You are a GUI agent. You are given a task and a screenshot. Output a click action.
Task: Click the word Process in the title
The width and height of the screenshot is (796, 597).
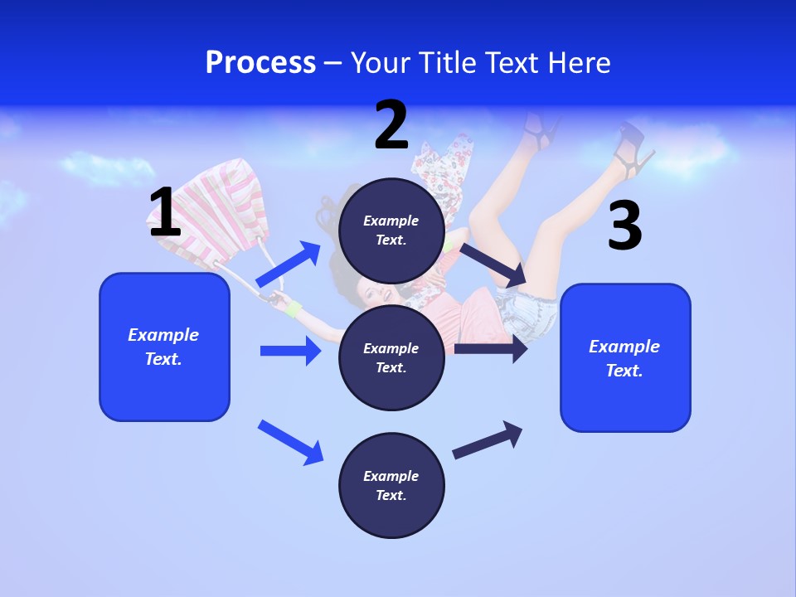coord(260,63)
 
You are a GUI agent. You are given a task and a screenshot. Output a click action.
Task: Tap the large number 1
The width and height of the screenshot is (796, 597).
coord(165,212)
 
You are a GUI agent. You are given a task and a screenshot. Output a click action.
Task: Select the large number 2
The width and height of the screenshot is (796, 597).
coord(391,125)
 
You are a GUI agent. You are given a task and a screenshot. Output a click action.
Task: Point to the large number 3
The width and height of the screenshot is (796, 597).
coord(624,226)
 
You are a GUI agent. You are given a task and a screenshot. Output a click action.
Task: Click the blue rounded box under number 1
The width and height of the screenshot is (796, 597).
coord(164,347)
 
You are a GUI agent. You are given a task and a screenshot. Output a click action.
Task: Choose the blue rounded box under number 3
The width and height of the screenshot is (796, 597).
coord(624,358)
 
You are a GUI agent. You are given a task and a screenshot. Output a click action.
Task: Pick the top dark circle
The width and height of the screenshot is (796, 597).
coord(391,231)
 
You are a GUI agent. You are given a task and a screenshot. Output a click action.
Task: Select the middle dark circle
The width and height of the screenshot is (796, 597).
coord(391,357)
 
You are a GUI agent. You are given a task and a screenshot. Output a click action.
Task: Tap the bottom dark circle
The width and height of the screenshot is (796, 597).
coord(391,485)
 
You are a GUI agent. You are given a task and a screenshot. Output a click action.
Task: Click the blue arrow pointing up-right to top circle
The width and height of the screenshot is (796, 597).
coord(289,265)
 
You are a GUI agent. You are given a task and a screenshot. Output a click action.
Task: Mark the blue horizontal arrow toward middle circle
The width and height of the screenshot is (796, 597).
coord(290,351)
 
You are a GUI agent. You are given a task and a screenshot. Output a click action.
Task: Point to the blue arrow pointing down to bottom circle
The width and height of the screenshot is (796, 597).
coord(291,442)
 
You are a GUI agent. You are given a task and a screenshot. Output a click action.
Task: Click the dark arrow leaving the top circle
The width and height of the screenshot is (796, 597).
coord(493,265)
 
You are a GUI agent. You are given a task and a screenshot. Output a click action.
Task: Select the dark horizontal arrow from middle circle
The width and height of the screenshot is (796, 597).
coord(491,349)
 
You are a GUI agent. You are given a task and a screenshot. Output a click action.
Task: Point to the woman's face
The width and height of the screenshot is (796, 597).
coord(377,294)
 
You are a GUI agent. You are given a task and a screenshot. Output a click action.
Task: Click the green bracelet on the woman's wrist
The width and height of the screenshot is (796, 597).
coord(293,309)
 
